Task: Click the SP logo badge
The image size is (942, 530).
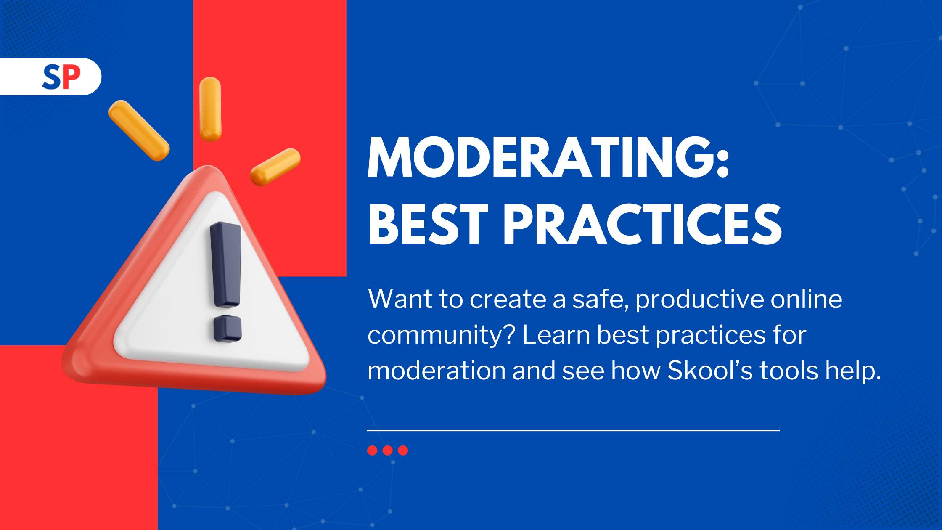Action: click(50, 77)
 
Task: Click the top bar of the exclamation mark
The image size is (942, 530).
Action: click(226, 265)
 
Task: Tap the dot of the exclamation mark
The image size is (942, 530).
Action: click(228, 329)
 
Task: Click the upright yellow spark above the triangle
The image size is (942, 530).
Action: click(210, 109)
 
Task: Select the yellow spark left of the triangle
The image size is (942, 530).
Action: click(139, 130)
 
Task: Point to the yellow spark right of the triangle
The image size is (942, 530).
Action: click(275, 167)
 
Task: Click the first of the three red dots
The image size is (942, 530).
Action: click(372, 450)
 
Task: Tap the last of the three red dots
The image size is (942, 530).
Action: click(403, 450)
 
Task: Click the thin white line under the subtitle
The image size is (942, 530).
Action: click(573, 430)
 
